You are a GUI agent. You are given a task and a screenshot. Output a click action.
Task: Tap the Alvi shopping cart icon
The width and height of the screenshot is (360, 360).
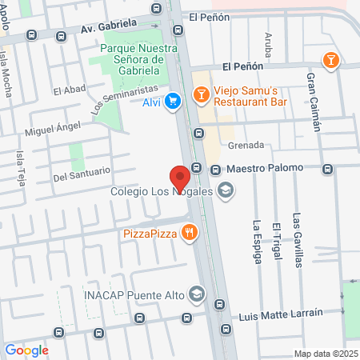click(x=173, y=101)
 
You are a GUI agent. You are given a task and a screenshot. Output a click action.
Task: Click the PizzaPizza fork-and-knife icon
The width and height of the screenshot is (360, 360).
click(x=189, y=233)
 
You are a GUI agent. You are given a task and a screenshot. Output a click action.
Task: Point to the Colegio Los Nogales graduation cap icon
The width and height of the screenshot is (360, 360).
click(x=226, y=190)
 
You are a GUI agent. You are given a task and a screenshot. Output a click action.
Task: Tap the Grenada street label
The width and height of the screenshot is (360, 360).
click(x=246, y=146)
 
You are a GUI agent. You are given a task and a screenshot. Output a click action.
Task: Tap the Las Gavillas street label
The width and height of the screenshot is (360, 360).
click(x=297, y=241)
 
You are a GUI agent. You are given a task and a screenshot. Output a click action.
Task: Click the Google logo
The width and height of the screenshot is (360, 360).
click(x=26, y=350)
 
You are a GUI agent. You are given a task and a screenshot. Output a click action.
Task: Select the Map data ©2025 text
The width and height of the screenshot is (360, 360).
click(x=323, y=354)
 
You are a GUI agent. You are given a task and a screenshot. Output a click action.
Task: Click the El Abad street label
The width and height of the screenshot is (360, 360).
click(x=69, y=91)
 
